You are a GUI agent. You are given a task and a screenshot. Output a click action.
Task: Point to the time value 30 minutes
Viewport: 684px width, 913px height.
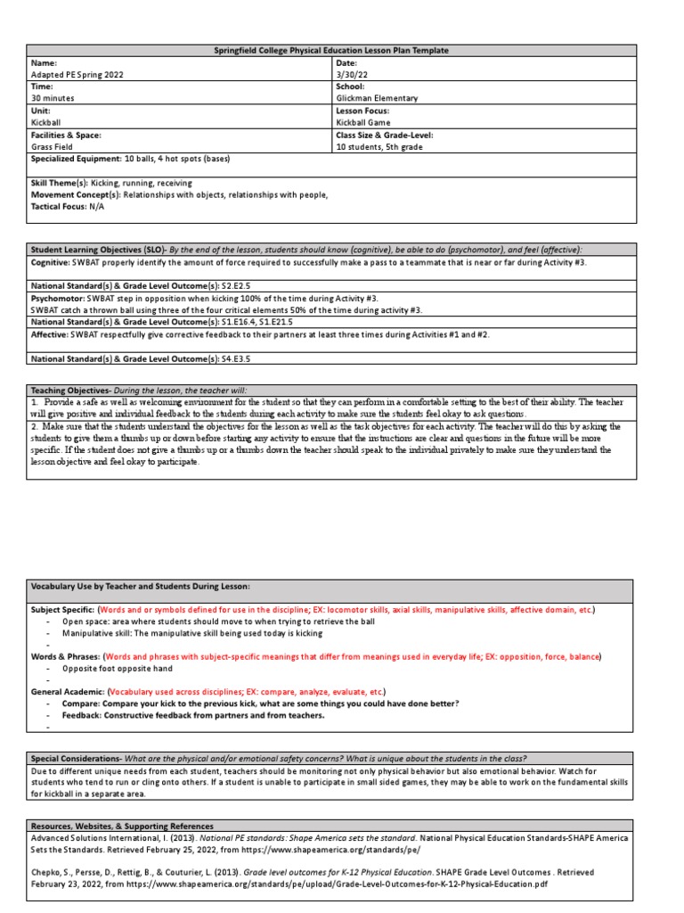(53, 99)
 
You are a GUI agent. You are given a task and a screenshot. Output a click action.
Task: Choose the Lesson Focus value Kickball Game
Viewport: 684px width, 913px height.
(363, 122)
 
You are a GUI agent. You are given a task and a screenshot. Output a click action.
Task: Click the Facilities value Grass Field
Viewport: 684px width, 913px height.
(53, 146)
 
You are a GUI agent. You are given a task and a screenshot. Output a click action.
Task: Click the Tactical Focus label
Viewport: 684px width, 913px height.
(61, 205)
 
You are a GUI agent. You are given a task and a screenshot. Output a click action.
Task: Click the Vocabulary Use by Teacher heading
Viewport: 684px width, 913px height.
(140, 586)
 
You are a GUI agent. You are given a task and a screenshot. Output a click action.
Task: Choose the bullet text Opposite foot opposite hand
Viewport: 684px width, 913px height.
(118, 668)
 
